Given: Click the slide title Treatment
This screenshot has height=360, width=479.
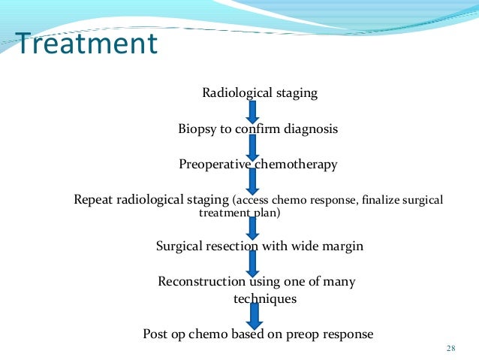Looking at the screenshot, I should (87, 44).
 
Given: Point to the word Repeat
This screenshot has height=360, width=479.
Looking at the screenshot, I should (92, 200).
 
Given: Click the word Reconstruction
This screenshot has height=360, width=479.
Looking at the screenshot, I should (201, 282).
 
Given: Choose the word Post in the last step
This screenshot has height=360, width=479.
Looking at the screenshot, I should (156, 334).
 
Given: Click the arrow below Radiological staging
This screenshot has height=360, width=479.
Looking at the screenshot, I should (252, 111).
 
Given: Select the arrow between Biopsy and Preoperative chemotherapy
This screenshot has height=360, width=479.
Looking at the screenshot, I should (252, 147).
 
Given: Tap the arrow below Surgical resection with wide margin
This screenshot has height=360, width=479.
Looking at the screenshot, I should (252, 264).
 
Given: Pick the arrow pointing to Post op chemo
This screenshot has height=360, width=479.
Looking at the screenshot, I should (252, 316).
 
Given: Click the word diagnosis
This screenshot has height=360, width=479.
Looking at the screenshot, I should (310, 129).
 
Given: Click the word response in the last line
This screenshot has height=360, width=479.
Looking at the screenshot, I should (348, 334).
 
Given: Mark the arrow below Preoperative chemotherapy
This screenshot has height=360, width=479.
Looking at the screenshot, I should (252, 181).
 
